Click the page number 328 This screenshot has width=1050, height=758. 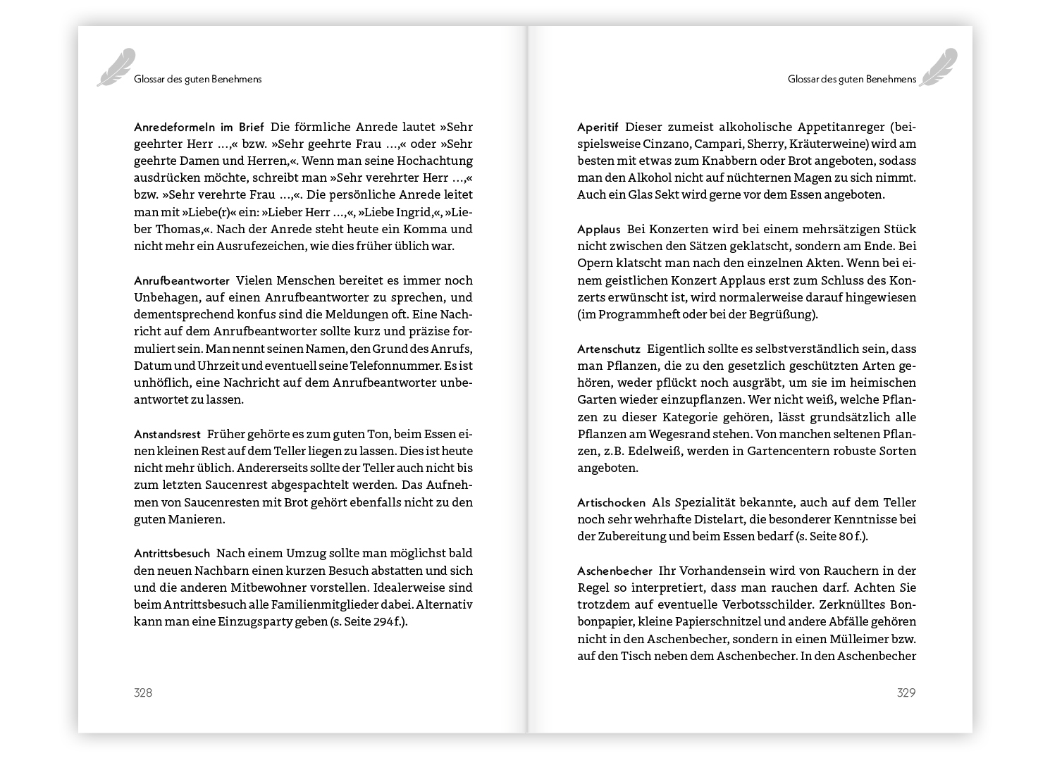(x=143, y=692)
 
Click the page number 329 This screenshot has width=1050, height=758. (x=906, y=692)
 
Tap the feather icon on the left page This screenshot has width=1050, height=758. (x=116, y=68)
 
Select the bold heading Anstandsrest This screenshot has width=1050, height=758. (x=167, y=434)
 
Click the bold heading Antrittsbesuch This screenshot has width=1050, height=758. (x=172, y=554)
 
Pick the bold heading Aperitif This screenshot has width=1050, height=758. (x=598, y=128)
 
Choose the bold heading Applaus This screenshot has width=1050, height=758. (x=599, y=230)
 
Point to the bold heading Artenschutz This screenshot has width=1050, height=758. (x=609, y=349)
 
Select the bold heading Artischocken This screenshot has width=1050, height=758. (x=611, y=503)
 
